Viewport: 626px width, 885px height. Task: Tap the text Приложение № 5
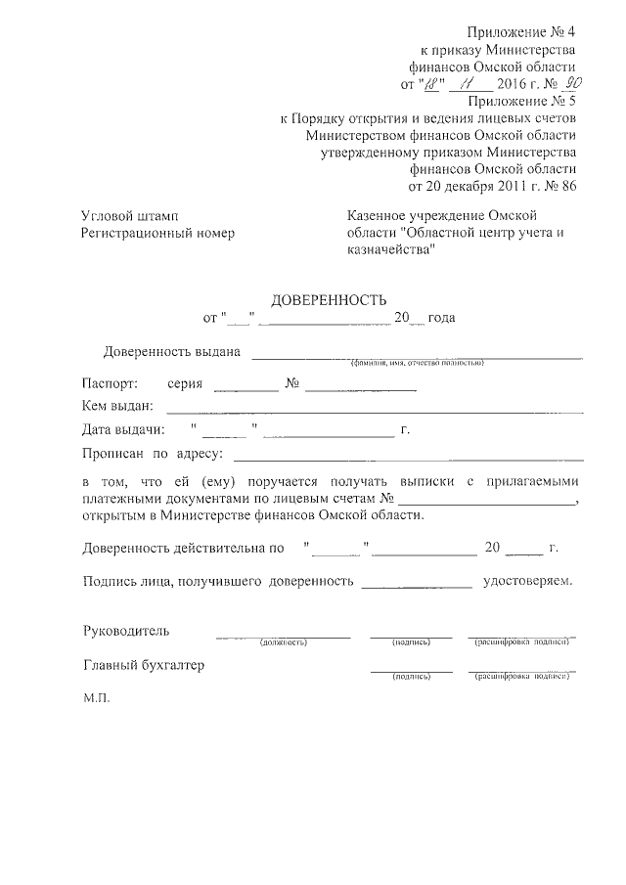pos(521,100)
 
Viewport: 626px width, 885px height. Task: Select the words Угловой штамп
pos(129,215)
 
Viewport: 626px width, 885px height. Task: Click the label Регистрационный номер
pos(158,233)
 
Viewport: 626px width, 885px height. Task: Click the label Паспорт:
pos(111,383)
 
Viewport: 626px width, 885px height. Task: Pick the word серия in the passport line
pos(185,383)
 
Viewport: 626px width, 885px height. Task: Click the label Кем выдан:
pos(118,406)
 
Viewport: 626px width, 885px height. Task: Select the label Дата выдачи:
pos(123,429)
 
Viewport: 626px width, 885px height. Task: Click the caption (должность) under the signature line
pos(284,642)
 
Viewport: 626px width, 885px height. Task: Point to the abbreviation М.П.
pos(98,700)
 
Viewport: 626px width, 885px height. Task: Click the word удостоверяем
pos(528,581)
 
